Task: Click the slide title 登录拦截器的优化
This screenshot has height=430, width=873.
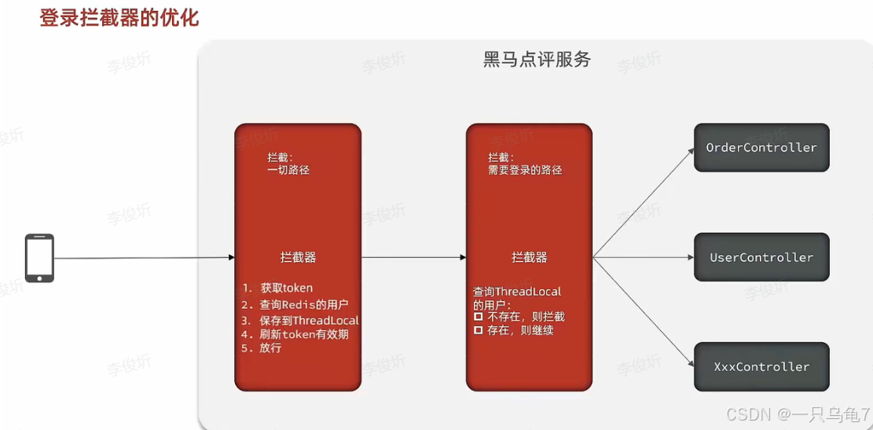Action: point(119,17)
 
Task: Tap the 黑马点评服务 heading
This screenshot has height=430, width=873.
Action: point(537,60)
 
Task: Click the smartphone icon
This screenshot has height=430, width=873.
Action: point(39,258)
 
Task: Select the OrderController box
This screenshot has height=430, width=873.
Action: point(761,148)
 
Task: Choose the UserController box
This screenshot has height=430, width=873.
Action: point(761,257)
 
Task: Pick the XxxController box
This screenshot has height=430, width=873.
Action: point(761,366)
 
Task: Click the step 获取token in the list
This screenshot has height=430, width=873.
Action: point(286,289)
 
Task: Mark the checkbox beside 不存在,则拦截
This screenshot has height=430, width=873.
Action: point(478,317)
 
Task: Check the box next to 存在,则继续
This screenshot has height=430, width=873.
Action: point(478,330)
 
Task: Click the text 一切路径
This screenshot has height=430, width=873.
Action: point(288,170)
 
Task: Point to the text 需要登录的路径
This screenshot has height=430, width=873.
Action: point(525,170)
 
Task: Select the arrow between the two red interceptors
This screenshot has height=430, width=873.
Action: point(413,257)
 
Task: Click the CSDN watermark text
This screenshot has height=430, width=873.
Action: point(798,414)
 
